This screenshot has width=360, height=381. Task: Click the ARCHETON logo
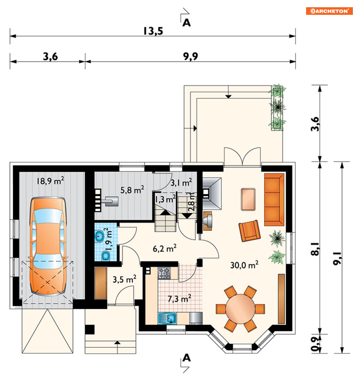(329, 11)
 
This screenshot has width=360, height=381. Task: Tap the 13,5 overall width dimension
(153, 31)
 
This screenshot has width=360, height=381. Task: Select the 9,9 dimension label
(190, 56)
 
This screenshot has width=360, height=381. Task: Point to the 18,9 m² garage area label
(50, 181)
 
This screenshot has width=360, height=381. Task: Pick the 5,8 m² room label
(132, 190)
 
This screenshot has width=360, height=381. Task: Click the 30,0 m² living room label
(244, 264)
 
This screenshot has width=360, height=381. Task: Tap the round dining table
(240, 309)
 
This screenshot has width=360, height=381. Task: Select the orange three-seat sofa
(274, 199)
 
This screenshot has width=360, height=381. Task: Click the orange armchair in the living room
(250, 231)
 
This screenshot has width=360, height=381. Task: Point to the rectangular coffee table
(248, 199)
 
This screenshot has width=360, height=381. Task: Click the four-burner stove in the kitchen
(164, 273)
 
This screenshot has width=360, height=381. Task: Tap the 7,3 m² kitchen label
(179, 299)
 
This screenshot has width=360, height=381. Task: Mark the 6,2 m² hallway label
(165, 248)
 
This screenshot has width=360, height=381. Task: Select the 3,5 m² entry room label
(124, 279)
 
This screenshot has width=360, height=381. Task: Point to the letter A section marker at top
(186, 22)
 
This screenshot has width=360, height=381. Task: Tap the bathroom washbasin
(99, 236)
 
